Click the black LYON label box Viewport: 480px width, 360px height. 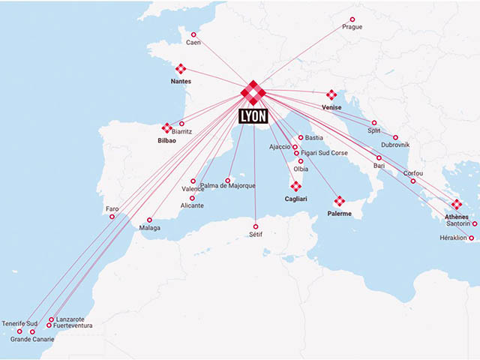point(253,116)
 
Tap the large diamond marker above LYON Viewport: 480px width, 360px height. point(253,93)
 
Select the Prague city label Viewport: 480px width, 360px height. point(352,27)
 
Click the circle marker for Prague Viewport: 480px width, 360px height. point(352,19)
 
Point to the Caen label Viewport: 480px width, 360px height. point(193,43)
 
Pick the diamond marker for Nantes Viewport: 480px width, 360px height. point(181,69)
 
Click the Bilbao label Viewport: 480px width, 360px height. point(166,140)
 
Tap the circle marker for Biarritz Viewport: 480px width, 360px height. point(181,124)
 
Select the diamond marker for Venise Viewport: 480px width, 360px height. point(331,95)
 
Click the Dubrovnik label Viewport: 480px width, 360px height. point(395,145)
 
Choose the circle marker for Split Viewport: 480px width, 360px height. point(373,123)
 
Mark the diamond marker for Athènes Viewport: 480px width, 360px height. point(456,204)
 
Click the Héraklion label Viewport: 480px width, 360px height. point(457,238)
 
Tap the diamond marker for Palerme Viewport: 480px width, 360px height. point(339,200)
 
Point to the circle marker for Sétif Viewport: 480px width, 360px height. point(256,226)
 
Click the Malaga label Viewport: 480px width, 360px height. point(150,228)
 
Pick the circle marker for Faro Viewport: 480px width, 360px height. point(112,217)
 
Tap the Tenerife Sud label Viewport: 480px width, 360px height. point(19,323)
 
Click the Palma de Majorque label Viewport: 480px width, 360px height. point(228,185)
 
